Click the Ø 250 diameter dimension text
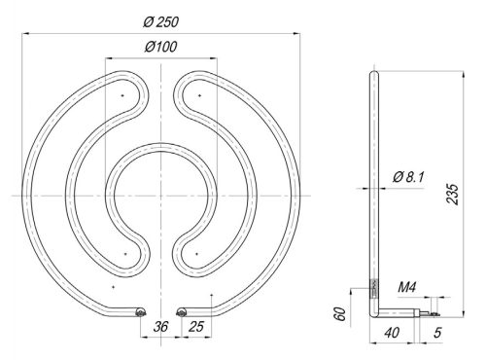pyautogui.click(x=158, y=21)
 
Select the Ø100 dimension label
pyautogui.click(x=160, y=47)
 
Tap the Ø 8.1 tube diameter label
pyautogui.click(x=410, y=175)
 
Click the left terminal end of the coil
pyautogui.click(x=140, y=310)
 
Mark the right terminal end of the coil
pyautogui.click(x=182, y=310)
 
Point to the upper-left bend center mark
pyautogui.click(x=122, y=97)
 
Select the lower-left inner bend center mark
pyautogui.click(x=125, y=253)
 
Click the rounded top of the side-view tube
pyautogui.click(x=373, y=72)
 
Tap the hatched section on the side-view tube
pyautogui.click(x=372, y=287)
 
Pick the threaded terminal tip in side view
pyautogui.click(x=427, y=311)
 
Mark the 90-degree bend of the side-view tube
pyautogui.click(x=374, y=309)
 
